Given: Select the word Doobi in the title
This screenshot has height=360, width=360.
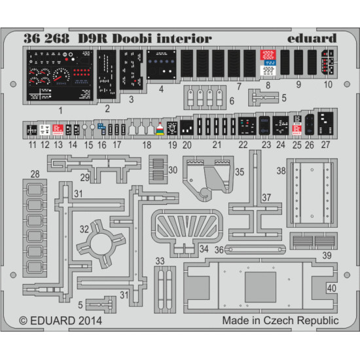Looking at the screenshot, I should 132,39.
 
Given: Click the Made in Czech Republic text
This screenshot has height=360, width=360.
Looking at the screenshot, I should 279,321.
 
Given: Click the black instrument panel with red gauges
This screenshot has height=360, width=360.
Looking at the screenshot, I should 60,75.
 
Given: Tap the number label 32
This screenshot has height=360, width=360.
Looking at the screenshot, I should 84,230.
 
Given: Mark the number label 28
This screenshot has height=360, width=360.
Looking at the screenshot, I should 34,173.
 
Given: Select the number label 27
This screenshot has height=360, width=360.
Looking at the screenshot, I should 325,145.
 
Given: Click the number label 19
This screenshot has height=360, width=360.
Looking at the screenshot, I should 173,145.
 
